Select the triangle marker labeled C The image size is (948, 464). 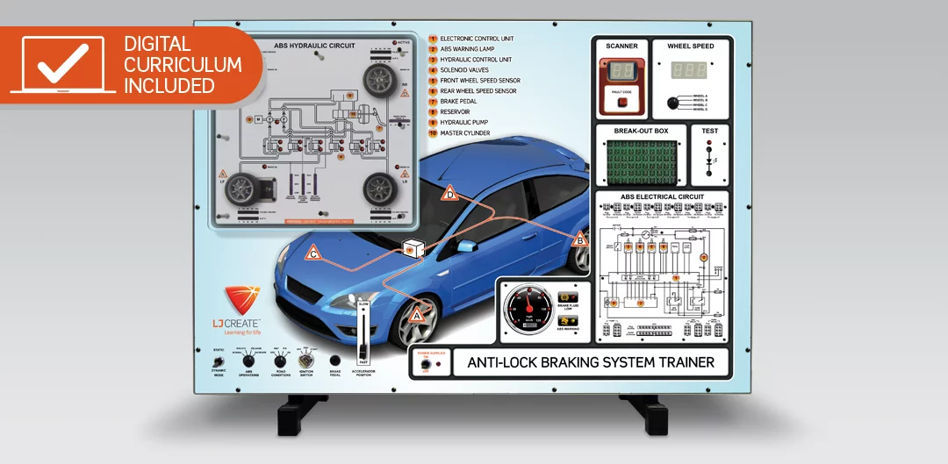[x=313, y=254]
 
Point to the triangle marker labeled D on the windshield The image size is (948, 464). [x=449, y=194]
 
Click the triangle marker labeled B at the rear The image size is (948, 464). [x=578, y=239]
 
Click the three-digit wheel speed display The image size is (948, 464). [x=689, y=71]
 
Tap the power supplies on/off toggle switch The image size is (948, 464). [x=426, y=363]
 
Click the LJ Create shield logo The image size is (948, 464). [x=241, y=299]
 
